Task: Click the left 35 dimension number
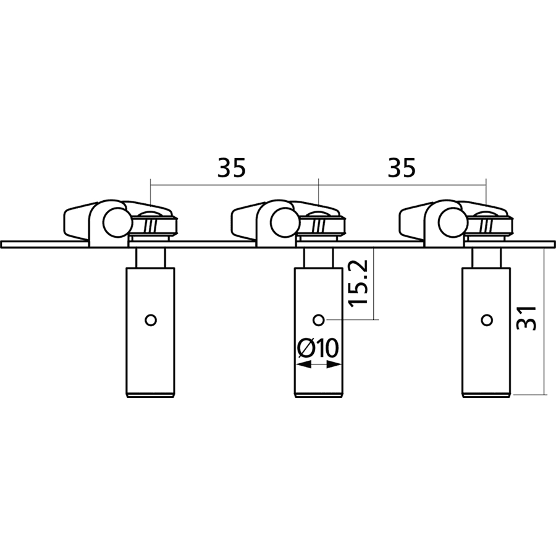pos(231,168)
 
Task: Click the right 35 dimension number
pos(401,168)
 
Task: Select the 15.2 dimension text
pos(358,284)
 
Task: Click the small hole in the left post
pos(151,320)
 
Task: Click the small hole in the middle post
pos(319,320)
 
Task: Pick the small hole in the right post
pos(487,320)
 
